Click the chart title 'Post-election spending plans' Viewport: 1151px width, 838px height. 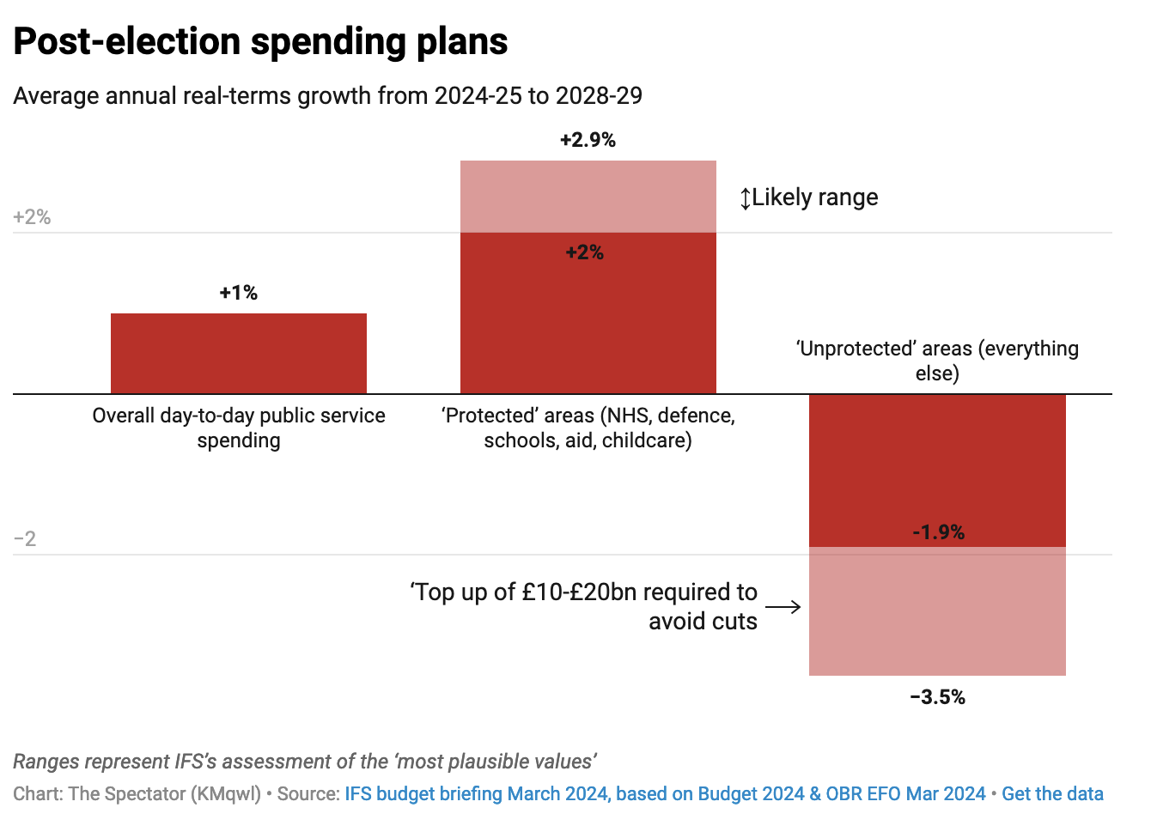click(260, 41)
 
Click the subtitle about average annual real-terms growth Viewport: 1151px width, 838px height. click(327, 95)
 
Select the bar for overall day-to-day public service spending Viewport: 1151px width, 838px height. click(239, 353)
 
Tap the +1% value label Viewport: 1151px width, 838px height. click(239, 293)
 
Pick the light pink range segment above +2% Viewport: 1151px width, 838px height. click(588, 197)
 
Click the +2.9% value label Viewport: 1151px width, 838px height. click(588, 140)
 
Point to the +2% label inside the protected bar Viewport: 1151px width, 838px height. click(585, 252)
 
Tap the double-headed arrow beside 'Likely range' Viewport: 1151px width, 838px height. click(746, 198)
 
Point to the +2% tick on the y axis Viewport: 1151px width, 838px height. click(32, 217)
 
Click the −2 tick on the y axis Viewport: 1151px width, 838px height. click(25, 539)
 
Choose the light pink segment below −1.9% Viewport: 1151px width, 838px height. click(937, 611)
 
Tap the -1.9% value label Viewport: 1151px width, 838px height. click(938, 532)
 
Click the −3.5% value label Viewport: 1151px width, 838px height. click(937, 697)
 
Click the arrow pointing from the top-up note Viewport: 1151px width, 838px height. click(783, 607)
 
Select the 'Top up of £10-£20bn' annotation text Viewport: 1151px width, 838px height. click(584, 606)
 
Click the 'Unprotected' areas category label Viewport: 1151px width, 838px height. click(937, 361)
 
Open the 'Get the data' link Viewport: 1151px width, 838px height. click(1052, 793)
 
